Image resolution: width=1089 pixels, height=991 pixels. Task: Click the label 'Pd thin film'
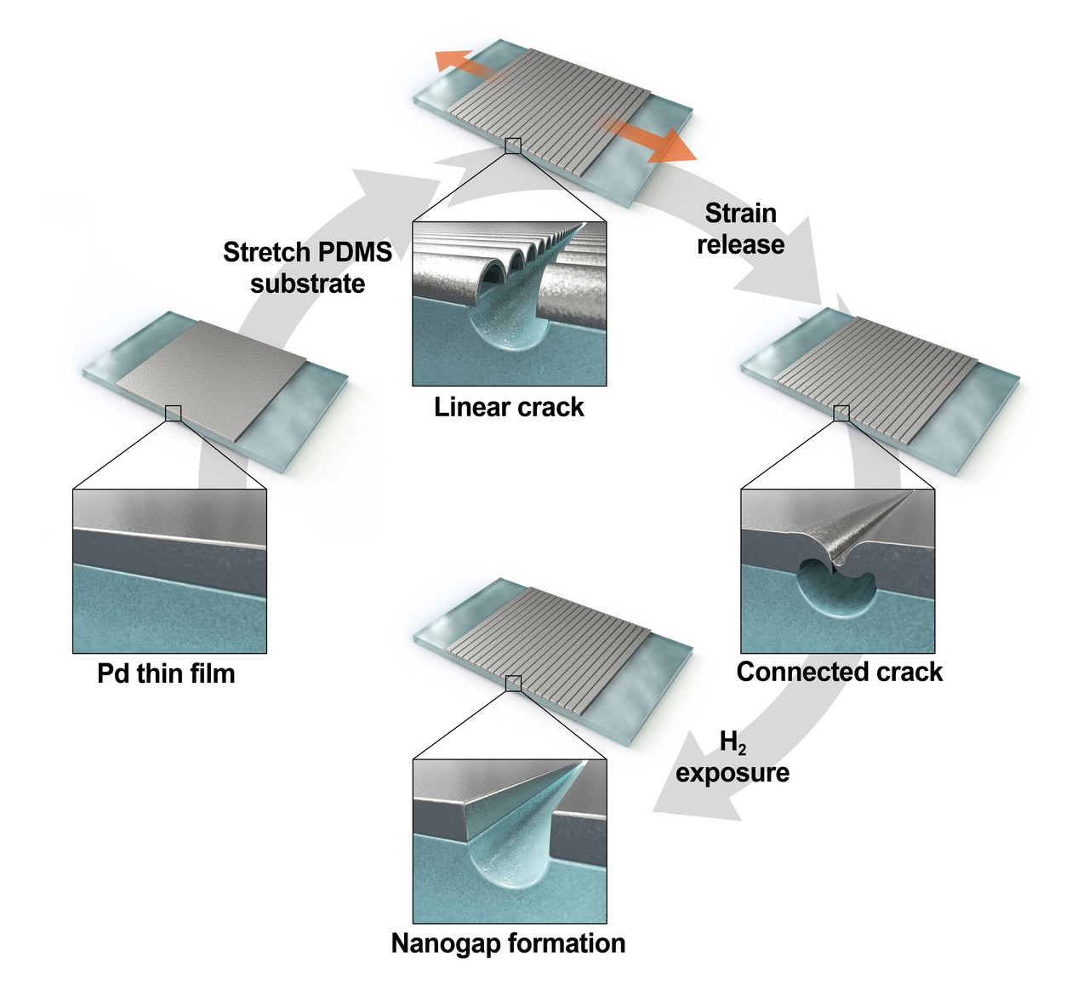point(166,673)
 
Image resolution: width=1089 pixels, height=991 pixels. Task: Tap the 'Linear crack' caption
point(509,407)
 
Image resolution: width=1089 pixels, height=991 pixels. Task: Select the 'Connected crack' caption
point(840,672)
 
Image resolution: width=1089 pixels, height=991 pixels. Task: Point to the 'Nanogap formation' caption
point(508,943)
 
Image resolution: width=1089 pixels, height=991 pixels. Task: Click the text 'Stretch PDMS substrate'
point(307,267)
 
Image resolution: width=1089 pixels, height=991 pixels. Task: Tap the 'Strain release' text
point(740,228)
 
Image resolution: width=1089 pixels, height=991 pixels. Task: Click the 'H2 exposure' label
point(733,758)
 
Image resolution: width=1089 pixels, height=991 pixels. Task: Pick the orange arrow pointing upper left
point(460,62)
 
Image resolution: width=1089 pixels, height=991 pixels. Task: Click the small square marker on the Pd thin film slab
point(174,413)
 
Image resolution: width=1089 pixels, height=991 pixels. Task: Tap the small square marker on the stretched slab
point(513,146)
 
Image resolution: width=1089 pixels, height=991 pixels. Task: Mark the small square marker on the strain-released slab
point(841,413)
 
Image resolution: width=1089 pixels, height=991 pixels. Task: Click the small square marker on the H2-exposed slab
point(513,683)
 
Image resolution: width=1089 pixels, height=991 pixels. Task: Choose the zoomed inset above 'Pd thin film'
point(170,570)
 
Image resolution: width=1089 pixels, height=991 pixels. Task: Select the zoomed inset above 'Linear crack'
point(509,304)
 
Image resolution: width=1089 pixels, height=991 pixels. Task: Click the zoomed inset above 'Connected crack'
point(838,570)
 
